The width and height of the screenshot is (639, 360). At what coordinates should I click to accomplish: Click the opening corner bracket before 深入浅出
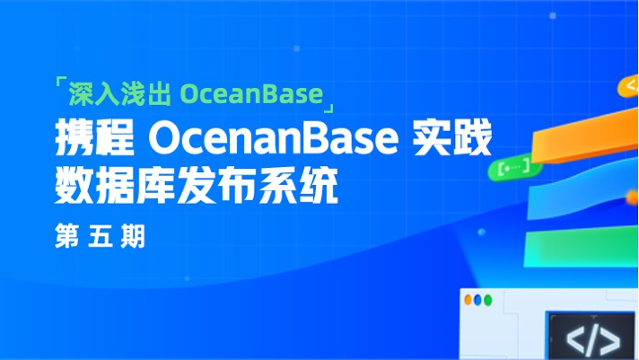[x=60, y=86]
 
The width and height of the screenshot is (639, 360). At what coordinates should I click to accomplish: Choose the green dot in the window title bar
[x=478, y=301]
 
